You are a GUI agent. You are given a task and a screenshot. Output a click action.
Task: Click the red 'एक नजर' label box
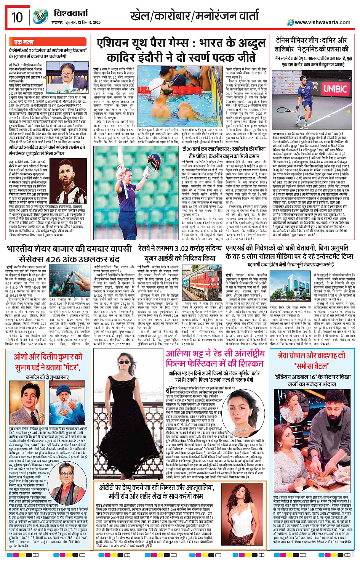pos(24,42)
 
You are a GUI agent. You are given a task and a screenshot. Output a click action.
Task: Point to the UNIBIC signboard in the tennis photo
pos(335,89)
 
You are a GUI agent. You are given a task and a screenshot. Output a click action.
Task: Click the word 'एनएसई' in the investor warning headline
pos(237,248)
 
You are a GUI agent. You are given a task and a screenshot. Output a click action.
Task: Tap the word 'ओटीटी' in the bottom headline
pos(110,488)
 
